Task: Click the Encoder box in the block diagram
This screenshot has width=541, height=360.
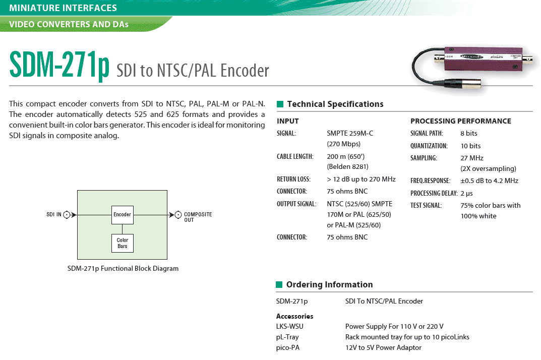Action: (x=122, y=215)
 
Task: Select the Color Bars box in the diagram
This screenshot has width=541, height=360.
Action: (x=122, y=243)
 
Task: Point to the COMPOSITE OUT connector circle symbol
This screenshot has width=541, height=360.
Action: (x=178, y=215)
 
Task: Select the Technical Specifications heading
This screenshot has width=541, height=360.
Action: (x=335, y=104)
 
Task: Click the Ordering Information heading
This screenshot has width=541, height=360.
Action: (x=329, y=285)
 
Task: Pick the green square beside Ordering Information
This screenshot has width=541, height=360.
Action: (x=279, y=285)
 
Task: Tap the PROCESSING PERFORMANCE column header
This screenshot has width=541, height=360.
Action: (x=460, y=121)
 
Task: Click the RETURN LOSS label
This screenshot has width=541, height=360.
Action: (x=293, y=179)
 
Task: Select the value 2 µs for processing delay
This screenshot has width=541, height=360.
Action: (x=466, y=194)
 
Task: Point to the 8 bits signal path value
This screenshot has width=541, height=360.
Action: (x=468, y=134)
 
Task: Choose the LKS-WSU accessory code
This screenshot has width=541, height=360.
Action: (x=290, y=326)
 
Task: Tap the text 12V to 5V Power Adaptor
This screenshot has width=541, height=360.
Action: (x=383, y=347)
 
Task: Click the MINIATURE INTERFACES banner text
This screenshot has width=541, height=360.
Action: (x=63, y=8)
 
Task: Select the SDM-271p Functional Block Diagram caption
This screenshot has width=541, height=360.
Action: (x=123, y=268)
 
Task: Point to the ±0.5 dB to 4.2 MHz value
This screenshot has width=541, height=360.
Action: (x=489, y=181)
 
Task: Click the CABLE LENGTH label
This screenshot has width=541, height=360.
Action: (x=295, y=156)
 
